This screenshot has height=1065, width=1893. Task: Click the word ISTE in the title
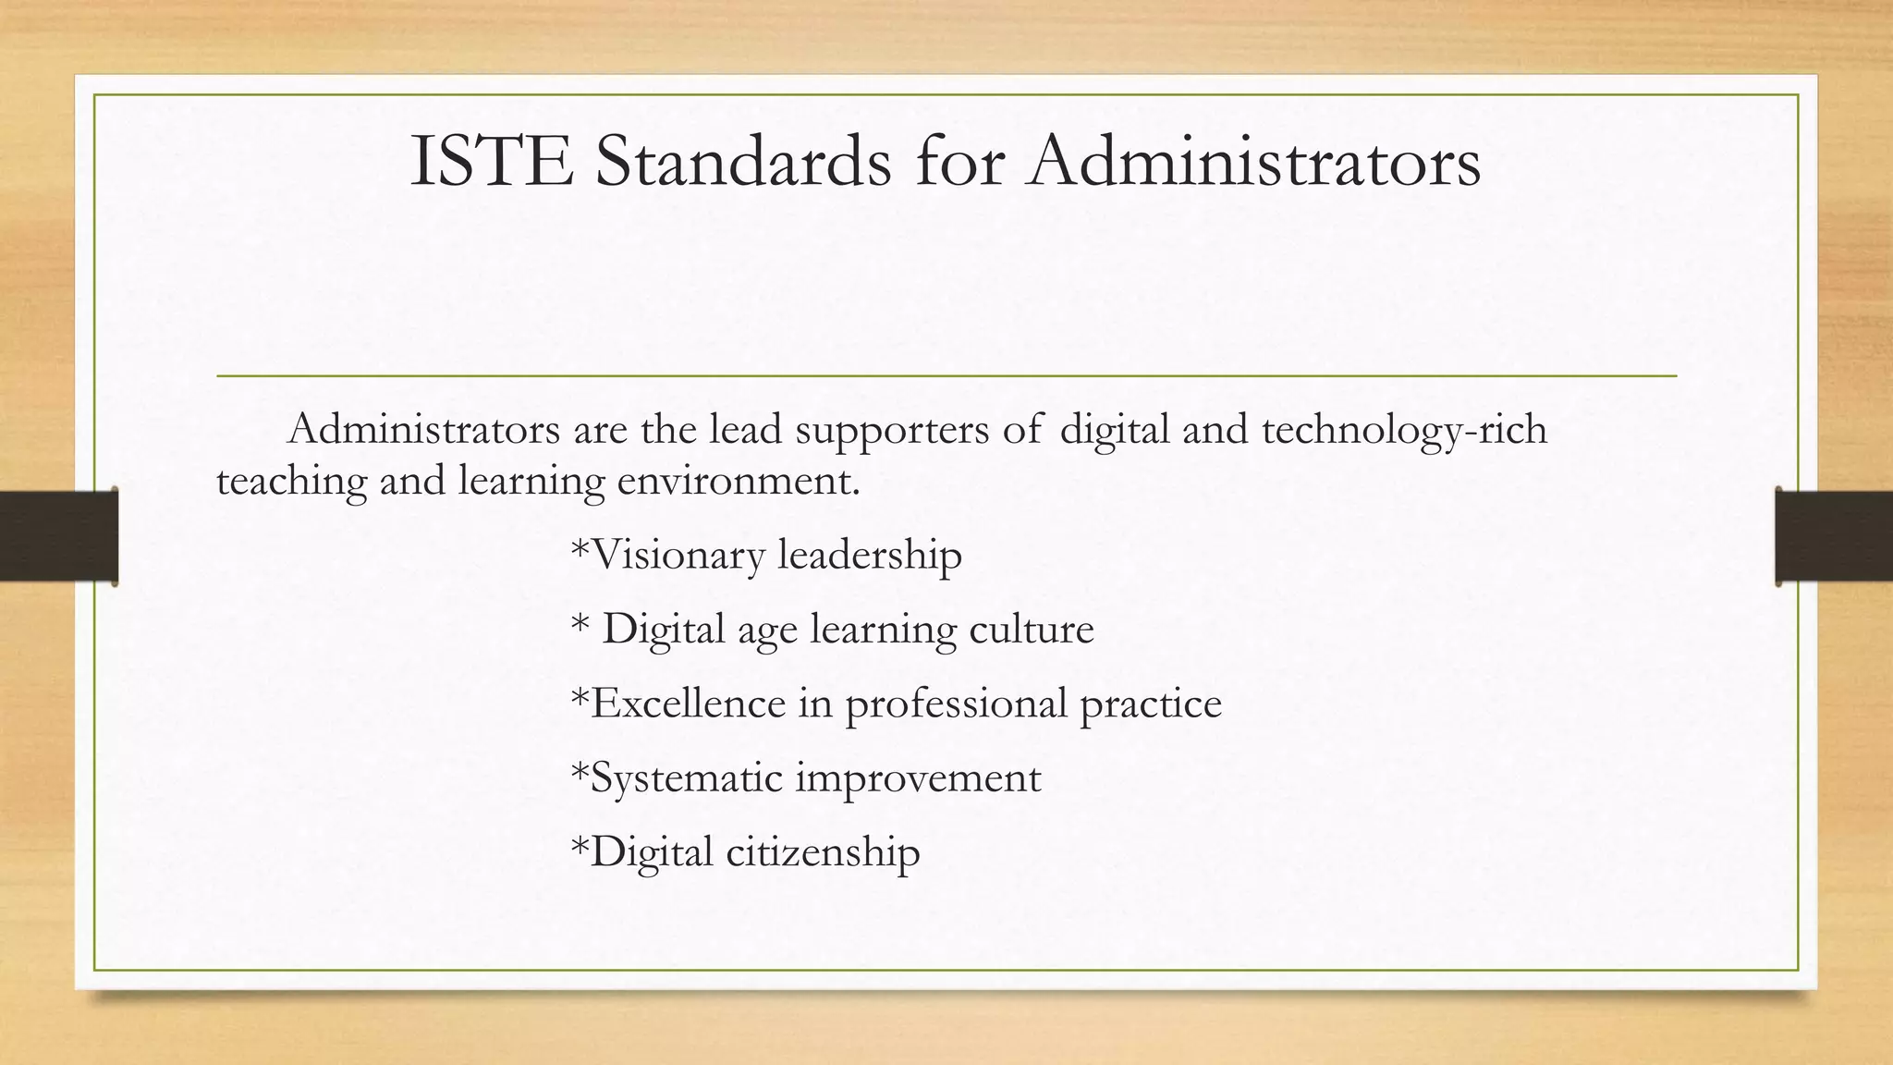point(491,163)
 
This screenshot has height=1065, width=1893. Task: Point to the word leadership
point(870,556)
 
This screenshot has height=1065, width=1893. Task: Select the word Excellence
point(688,704)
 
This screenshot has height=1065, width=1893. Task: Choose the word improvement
point(918,778)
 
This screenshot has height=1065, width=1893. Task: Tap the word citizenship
point(823,852)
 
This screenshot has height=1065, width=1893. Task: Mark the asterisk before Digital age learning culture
point(580,624)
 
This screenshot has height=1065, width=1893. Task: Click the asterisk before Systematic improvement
point(580,772)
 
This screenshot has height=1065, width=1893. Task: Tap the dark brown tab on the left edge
point(58,536)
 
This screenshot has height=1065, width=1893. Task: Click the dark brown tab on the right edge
point(1834,536)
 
